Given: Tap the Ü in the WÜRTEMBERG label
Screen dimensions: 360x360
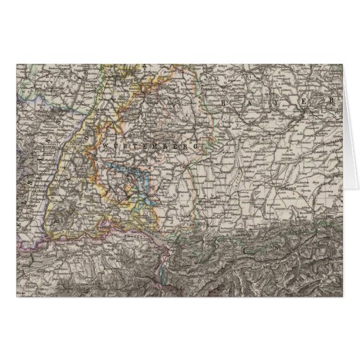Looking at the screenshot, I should [x=117, y=146].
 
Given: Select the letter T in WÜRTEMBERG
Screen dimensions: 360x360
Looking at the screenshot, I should [x=135, y=146].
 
